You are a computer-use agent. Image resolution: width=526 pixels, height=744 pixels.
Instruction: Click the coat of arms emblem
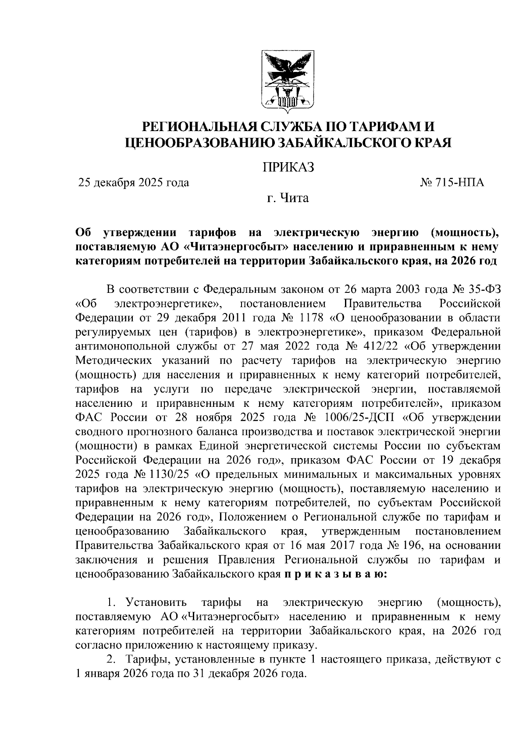(288, 79)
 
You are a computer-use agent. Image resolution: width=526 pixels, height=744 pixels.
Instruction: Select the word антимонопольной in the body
(121, 346)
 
